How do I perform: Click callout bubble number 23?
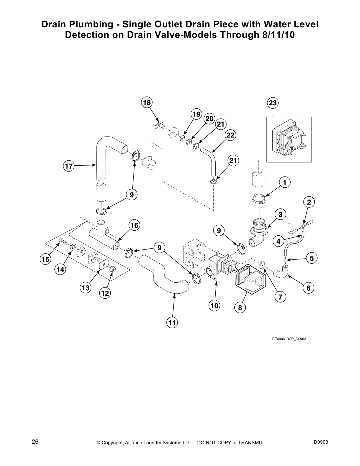coord(273,103)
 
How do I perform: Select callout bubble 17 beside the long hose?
coord(69,166)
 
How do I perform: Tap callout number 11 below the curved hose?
coord(172,323)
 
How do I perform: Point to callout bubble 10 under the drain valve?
coord(214,306)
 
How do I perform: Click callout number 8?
coord(240,308)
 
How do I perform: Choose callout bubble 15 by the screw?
coord(45,259)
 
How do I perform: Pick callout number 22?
coord(230,135)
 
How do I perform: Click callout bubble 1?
coord(284,182)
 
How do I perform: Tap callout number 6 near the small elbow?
coord(308,288)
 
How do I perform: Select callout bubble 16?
coord(134,225)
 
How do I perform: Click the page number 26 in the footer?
coord(35,442)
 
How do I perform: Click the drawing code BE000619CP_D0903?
coord(289,339)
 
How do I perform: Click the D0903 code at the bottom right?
coord(321,442)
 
